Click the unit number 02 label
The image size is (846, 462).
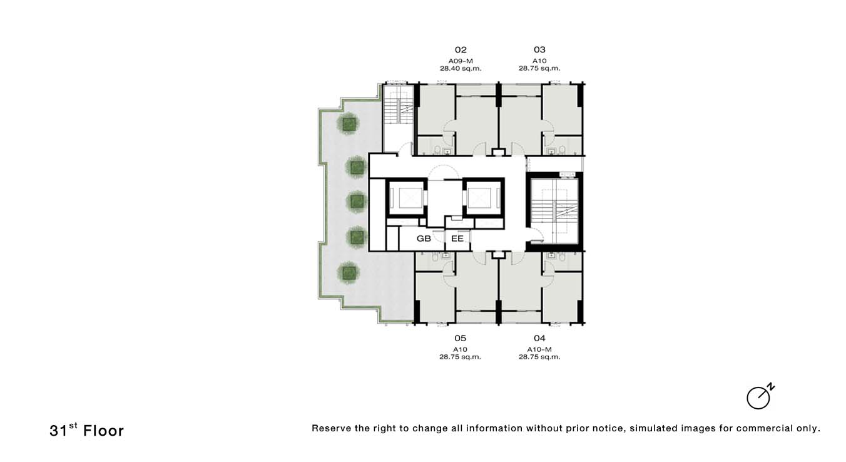tap(461, 50)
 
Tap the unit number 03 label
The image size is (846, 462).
tap(540, 49)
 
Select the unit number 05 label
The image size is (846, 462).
tap(460, 338)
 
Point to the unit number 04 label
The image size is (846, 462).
tap(540, 338)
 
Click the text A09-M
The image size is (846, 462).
tap(461, 61)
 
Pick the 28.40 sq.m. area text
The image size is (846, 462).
tap(461, 69)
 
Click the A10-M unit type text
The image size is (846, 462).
tap(539, 349)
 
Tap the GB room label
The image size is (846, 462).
tap(424, 239)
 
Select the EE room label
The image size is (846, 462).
tap(457, 239)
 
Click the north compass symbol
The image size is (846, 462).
tap(760, 397)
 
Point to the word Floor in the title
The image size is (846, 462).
tap(103, 431)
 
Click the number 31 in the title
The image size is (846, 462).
tap(58, 431)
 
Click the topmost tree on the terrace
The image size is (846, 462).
tap(348, 123)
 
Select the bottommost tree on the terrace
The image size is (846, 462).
tap(348, 273)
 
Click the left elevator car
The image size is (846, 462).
tap(406, 198)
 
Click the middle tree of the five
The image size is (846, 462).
tap(357, 202)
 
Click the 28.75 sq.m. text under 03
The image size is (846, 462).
tap(539, 69)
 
